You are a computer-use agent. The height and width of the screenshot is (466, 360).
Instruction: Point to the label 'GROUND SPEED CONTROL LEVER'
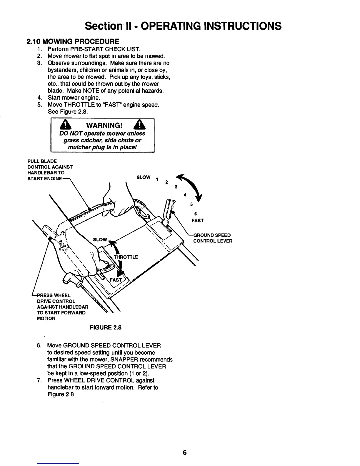click(x=212, y=238)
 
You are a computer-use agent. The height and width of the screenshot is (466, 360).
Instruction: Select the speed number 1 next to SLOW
click(x=157, y=180)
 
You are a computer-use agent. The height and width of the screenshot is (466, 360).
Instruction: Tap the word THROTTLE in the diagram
click(x=126, y=257)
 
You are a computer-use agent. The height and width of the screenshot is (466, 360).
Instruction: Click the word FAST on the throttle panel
click(x=115, y=280)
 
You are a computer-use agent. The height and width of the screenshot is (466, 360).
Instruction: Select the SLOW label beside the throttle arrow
click(x=100, y=239)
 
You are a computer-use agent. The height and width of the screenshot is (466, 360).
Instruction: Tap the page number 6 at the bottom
click(x=185, y=452)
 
